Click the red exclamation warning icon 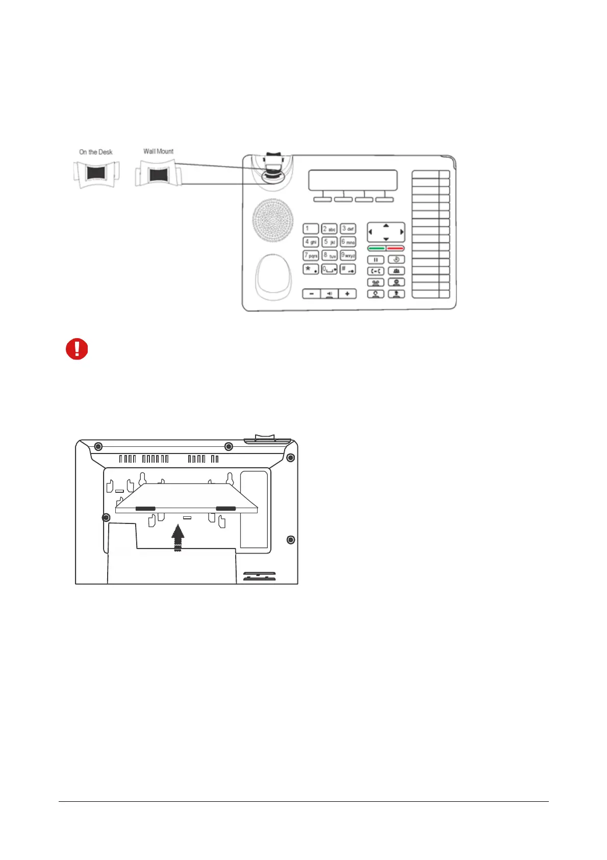coord(77,349)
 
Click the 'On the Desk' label coord(96,152)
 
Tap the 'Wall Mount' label coord(158,151)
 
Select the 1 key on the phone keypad coord(311,229)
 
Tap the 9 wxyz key coord(348,255)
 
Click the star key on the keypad coord(311,269)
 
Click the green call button coord(376,248)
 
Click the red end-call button coord(395,248)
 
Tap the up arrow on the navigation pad coord(386,225)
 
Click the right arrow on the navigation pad coord(402,232)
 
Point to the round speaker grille coord(273,220)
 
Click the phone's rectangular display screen coord(352,180)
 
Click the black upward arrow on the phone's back coord(178,537)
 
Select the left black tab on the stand coord(145,509)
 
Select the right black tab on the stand coord(226,509)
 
